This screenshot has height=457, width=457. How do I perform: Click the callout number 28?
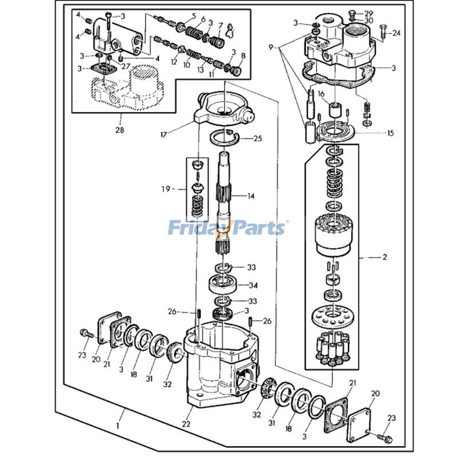[120, 130]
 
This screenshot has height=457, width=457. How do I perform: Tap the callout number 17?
[163, 134]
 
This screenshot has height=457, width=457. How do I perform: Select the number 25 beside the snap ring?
[258, 138]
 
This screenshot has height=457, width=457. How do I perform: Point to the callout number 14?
[251, 196]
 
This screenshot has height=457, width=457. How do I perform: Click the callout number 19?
[166, 189]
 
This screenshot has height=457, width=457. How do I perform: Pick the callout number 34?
[253, 285]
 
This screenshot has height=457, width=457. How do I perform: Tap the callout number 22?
[186, 424]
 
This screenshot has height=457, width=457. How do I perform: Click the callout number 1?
[118, 426]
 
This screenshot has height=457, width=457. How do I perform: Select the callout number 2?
[384, 257]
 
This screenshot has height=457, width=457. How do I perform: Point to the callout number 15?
[390, 133]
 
